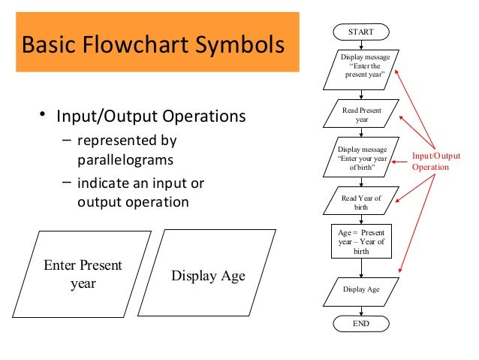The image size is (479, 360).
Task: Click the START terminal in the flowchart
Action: (x=360, y=32)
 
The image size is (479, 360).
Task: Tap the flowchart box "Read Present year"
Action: (x=362, y=115)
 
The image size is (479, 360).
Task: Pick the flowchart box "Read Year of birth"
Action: (x=362, y=202)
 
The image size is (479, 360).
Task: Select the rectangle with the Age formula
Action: (x=361, y=243)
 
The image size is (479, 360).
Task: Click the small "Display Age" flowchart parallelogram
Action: (x=361, y=289)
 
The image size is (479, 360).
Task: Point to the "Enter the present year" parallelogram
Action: (x=361, y=66)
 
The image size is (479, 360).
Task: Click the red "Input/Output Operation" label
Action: (x=435, y=162)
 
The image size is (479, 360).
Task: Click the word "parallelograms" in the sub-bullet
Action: (x=125, y=160)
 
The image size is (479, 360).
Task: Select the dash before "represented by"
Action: (x=68, y=139)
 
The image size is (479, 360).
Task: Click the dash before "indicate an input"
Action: (x=68, y=183)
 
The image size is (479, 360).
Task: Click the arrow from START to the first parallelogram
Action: (x=361, y=45)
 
